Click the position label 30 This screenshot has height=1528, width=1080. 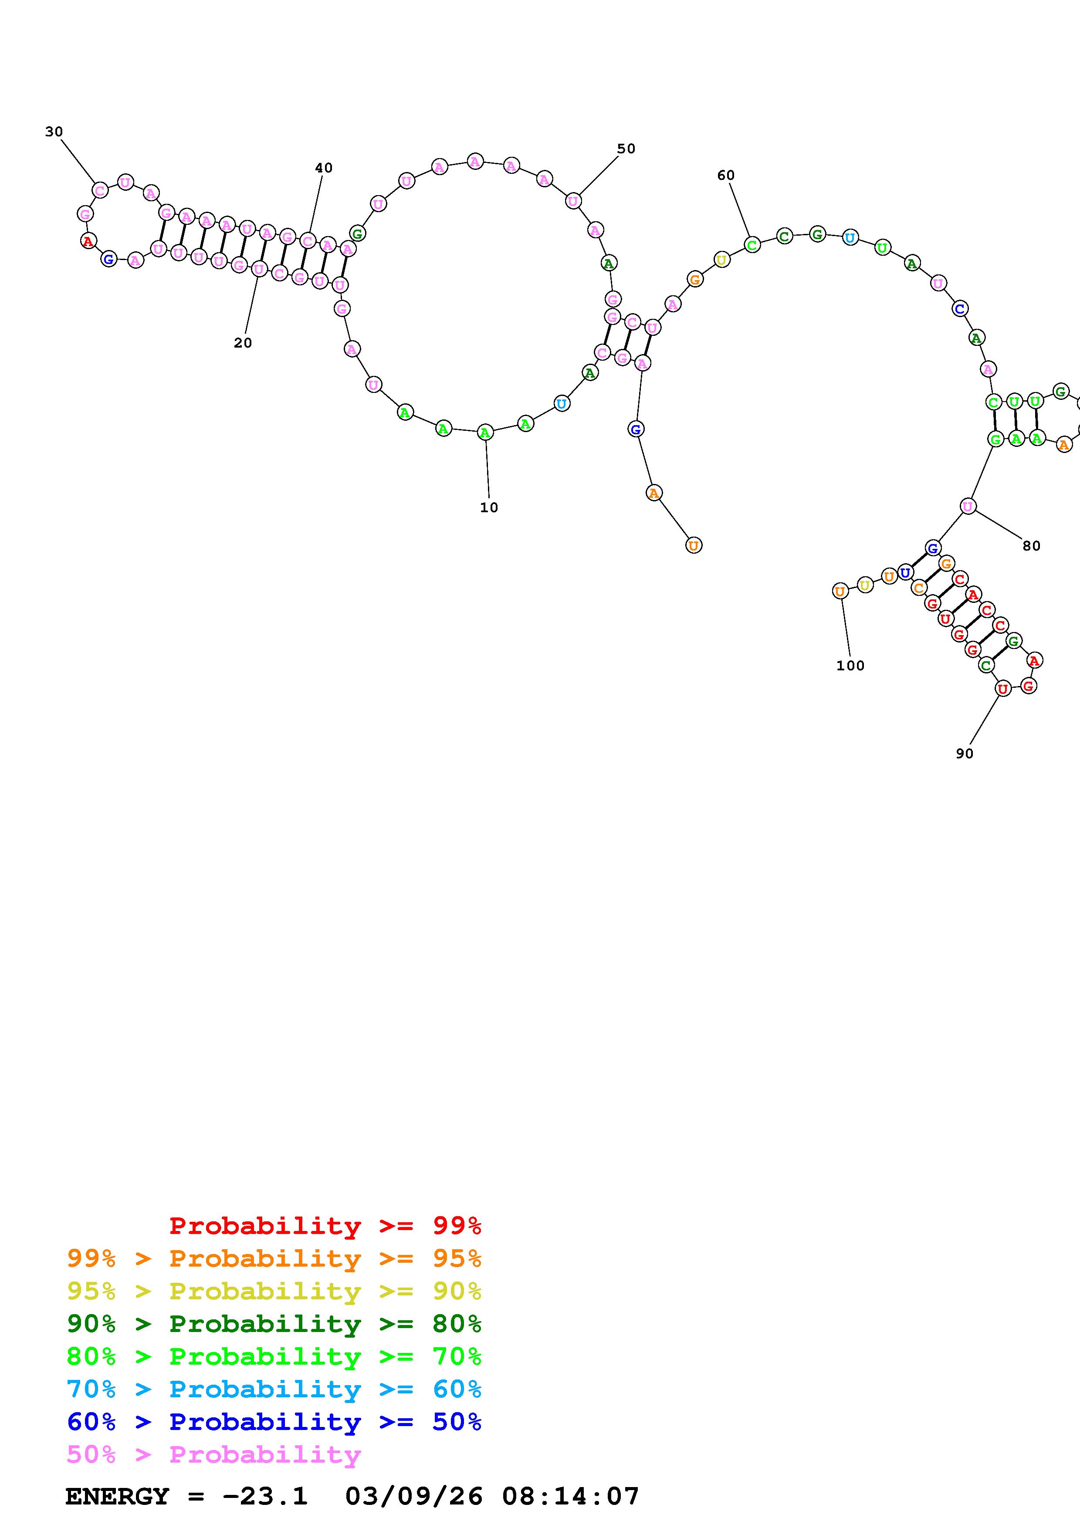tap(54, 132)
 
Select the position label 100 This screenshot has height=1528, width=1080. tap(850, 666)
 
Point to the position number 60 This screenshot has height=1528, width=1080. tap(726, 175)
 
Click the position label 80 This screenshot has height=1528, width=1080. tap(1031, 546)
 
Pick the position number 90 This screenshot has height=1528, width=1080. tap(965, 754)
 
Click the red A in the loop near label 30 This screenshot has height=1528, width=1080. tap(88, 241)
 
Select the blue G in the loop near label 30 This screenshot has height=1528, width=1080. tap(108, 259)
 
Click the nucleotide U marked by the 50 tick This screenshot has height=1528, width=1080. tap(574, 200)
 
